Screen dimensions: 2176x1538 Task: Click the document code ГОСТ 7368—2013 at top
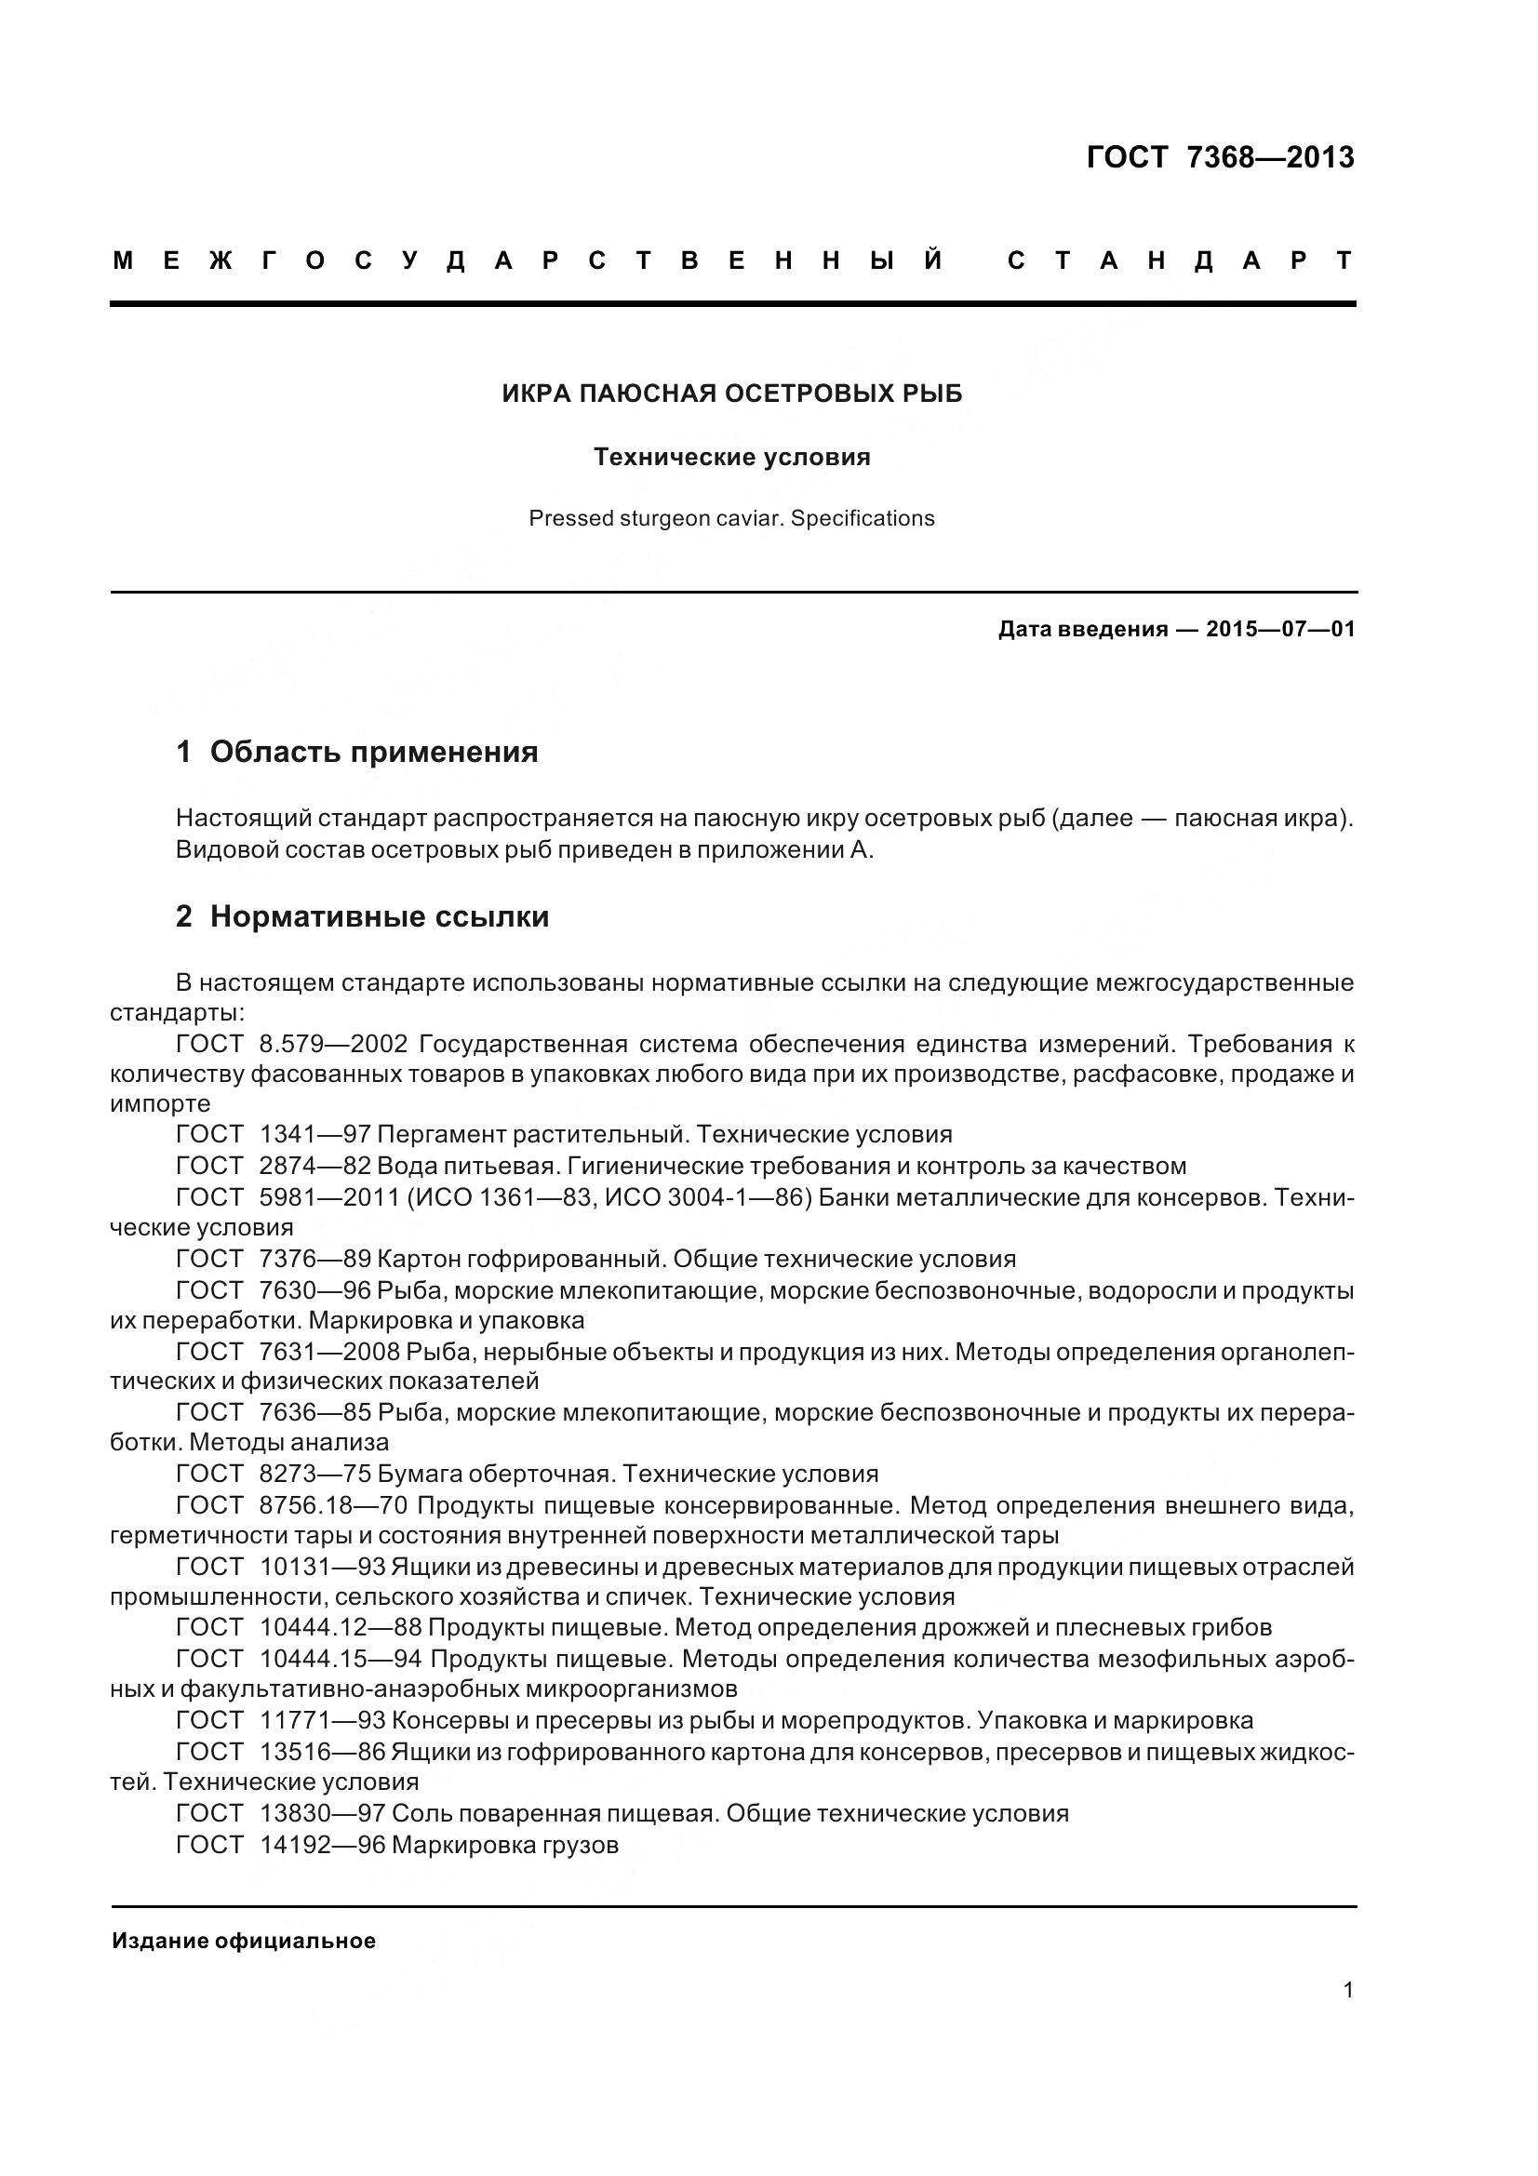[1220, 157]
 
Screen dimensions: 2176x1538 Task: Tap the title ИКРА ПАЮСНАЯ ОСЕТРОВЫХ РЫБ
[731, 394]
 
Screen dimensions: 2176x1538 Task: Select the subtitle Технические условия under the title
[731, 457]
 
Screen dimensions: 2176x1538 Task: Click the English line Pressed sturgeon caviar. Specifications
[731, 518]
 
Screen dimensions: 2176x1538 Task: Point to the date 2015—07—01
[1280, 629]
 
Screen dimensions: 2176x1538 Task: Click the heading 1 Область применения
[357, 752]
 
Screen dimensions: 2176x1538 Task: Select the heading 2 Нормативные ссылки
[362, 916]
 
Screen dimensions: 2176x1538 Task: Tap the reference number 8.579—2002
[332, 1045]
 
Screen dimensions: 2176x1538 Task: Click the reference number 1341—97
[314, 1134]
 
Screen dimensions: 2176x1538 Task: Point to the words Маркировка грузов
[504, 1844]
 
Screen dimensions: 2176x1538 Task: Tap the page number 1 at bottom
[1347, 1989]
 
